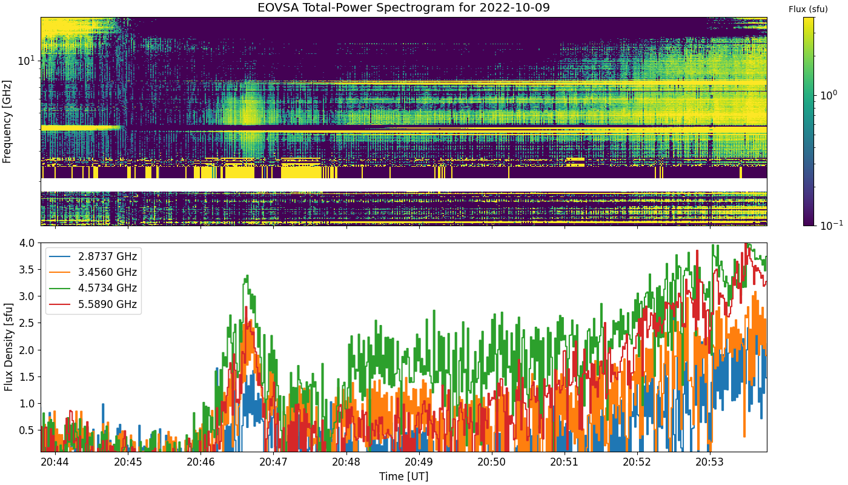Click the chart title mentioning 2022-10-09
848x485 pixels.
coord(403,7)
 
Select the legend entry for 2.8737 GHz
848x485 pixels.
coord(93,256)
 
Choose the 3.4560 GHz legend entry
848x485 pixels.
coord(93,272)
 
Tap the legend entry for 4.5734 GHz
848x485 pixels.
coord(93,289)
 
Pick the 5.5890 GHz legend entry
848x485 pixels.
coord(93,304)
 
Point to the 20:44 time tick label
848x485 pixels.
coord(55,462)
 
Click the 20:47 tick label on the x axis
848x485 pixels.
coord(273,462)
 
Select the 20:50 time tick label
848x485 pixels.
coord(492,462)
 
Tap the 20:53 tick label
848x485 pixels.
coord(710,462)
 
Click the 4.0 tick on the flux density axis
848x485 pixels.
coord(27,243)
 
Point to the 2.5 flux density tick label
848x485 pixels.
coord(27,323)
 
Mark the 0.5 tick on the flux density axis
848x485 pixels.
coord(27,430)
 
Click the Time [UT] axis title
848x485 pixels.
coord(403,477)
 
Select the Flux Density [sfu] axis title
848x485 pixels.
coord(8,347)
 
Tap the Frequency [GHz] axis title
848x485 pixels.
coord(7,122)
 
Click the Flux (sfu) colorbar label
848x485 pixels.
coord(808,10)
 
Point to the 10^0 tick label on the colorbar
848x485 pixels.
coord(829,95)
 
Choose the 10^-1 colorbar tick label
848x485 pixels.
coord(831,225)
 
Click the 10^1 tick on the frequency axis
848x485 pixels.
coord(26,60)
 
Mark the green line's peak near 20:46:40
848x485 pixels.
coord(247,275)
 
